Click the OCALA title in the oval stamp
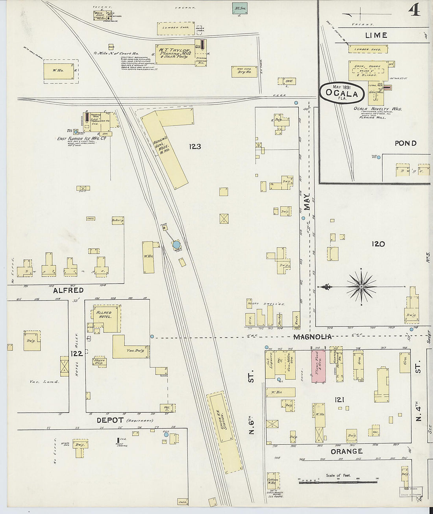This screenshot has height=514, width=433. (x=342, y=94)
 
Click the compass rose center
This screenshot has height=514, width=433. (x=361, y=286)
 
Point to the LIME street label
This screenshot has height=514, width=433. (x=376, y=35)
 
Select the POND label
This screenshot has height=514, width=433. (x=405, y=143)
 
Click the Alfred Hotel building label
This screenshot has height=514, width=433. (x=104, y=314)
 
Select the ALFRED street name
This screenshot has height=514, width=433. (x=68, y=290)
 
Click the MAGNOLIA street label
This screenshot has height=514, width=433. (x=312, y=337)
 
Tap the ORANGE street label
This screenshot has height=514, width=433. (x=346, y=451)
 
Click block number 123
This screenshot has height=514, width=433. (x=195, y=147)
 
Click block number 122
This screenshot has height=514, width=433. (x=76, y=354)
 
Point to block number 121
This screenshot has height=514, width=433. (x=340, y=400)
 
